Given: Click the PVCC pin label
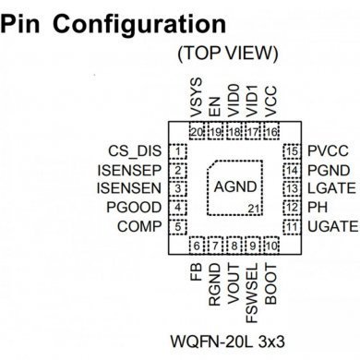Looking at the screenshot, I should tap(329, 150).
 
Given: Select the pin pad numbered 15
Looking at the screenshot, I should tap(292, 150).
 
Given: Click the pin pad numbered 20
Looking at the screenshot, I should tap(196, 132).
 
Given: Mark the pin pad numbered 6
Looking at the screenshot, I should tap(196, 245).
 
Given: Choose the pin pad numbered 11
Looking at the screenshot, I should tap(292, 226).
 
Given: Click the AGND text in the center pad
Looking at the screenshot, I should tap(233, 187).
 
